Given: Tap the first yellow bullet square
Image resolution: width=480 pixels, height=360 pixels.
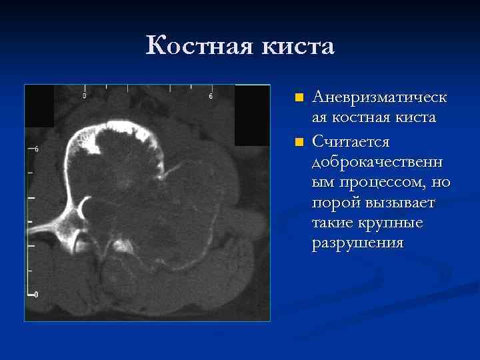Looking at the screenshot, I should tap(299, 98).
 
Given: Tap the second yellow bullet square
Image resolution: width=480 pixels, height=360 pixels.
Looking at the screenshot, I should tap(299, 142).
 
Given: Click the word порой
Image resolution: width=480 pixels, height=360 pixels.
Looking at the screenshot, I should tap(333, 203).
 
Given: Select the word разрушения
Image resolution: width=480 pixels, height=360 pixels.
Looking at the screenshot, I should tap(357, 243).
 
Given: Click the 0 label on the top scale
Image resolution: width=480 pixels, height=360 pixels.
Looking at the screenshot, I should tap(84, 96).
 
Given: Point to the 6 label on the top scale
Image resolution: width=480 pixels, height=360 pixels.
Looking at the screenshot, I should tap(211, 96).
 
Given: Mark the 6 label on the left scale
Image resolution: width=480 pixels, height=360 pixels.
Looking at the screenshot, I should tap(36, 149).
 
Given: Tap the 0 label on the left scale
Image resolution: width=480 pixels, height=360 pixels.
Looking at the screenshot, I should tap(36, 293).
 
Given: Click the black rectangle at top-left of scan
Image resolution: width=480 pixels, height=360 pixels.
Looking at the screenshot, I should tap(39, 106).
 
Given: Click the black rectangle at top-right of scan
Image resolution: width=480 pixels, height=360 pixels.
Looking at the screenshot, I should tap(252, 115).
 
